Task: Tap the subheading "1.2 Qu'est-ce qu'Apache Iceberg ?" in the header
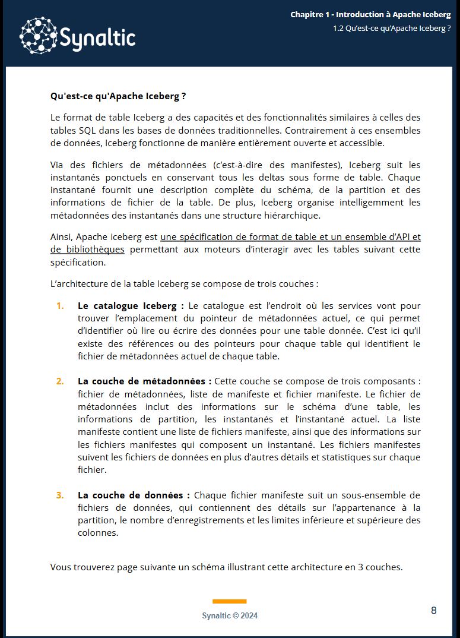[x=392, y=28]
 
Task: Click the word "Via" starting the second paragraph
[x=58, y=165]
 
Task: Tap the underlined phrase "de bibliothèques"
[x=87, y=249]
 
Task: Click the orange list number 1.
[x=60, y=306]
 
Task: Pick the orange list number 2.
[x=60, y=381]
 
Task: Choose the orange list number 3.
[x=60, y=495]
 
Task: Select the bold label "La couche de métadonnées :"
[x=144, y=381]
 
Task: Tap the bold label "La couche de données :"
[x=134, y=495]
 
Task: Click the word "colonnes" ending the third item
[x=98, y=533]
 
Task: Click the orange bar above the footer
[x=229, y=601]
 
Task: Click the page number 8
[x=434, y=610]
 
